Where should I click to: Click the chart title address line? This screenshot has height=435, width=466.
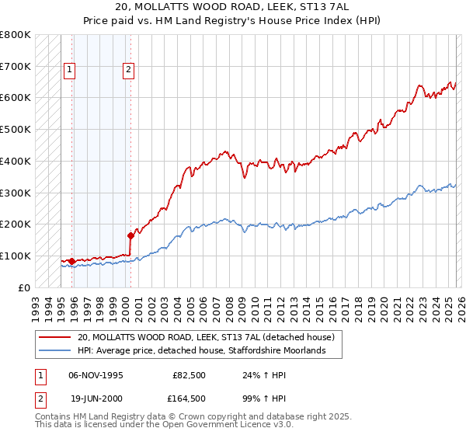coord(232,7)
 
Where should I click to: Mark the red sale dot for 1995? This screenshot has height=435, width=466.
coord(71,261)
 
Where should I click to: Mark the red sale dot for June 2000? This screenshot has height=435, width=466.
coord(130,235)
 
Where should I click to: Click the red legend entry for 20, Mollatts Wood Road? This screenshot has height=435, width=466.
coord(206,337)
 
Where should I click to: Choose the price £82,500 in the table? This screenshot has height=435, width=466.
coord(189,374)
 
